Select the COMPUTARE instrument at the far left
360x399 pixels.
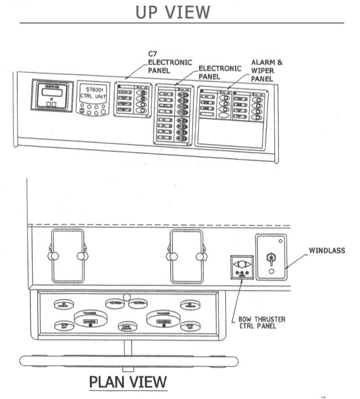click(51, 96)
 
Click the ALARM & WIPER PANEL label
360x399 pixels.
click(267, 70)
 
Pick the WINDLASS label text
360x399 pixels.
click(327, 251)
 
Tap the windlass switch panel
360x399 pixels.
click(271, 257)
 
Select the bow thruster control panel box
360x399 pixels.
click(241, 267)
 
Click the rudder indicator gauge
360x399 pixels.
click(128, 327)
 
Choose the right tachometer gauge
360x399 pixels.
click(163, 317)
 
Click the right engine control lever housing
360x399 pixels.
click(186, 256)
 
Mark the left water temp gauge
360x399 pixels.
click(64, 326)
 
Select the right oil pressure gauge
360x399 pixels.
click(190, 304)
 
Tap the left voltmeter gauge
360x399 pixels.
click(115, 303)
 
